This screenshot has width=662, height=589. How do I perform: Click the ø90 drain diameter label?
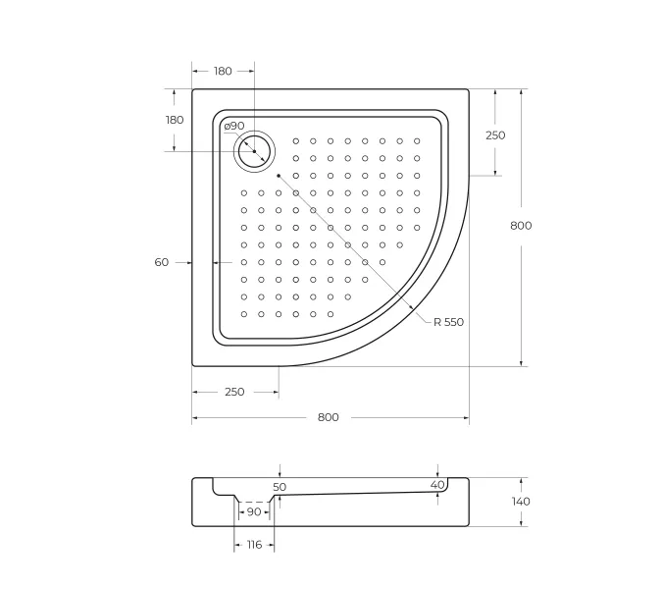coord(233,126)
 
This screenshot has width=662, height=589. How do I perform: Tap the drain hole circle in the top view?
coord(255,151)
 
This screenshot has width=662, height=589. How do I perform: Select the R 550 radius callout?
coord(447,322)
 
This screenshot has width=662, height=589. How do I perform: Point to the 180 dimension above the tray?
coord(223,71)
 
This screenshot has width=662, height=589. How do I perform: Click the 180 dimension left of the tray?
coord(175,120)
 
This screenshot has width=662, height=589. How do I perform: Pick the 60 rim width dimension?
coord(162,262)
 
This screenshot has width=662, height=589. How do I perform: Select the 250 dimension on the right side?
coord(495,135)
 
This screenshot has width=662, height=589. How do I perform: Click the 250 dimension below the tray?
coord(234,392)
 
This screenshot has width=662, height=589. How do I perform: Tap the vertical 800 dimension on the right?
coord(521,226)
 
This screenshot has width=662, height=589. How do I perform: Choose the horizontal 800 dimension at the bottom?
coord(329,417)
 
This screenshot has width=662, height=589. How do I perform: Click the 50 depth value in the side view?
coord(280,487)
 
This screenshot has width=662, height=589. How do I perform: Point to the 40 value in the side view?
coord(437,484)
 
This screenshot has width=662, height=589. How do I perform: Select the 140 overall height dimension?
coord(521,502)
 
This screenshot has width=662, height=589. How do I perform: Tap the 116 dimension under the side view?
coord(254,543)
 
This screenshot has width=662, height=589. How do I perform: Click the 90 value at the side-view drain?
coord(254,512)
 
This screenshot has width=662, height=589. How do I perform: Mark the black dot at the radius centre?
coord(280,176)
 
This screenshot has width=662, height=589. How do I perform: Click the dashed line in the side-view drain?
coord(254,502)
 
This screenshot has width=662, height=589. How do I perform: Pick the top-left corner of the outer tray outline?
coord(193,90)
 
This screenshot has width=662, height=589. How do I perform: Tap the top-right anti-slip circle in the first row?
coord(417,140)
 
